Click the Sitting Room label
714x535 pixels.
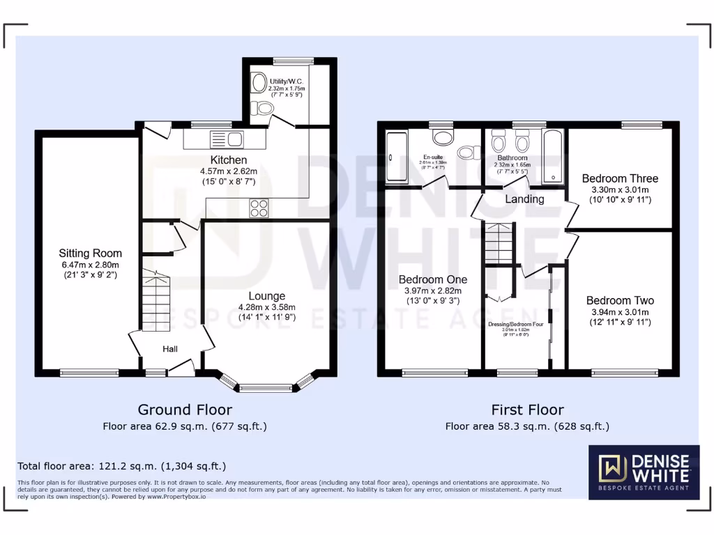click(x=90, y=254)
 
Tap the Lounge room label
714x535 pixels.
click(x=267, y=296)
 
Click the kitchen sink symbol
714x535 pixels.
click(x=225, y=139)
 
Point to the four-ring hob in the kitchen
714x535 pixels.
click(x=259, y=208)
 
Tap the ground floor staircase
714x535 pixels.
click(x=156, y=300)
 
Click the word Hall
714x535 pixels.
click(x=171, y=348)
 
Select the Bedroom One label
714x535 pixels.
click(x=430, y=280)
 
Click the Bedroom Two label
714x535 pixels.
click(x=620, y=301)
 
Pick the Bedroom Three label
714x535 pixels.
click(x=620, y=178)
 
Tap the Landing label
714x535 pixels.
click(x=524, y=199)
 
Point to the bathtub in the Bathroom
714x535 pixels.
click(x=554, y=156)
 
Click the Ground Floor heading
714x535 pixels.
click(x=185, y=410)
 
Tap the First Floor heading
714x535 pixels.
click(x=527, y=410)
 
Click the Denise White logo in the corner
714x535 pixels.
click(x=644, y=472)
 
